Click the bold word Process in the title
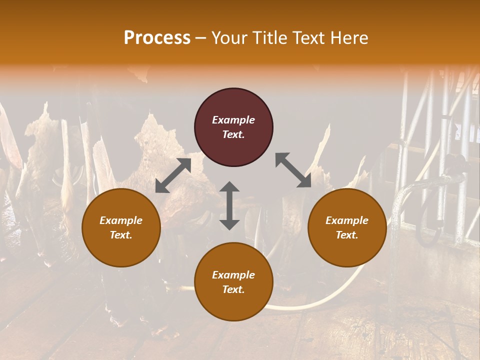(x=157, y=38)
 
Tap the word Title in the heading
(x=272, y=38)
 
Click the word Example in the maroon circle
(x=233, y=120)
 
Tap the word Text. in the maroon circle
(x=233, y=134)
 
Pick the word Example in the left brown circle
(x=121, y=220)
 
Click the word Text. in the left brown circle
(x=121, y=235)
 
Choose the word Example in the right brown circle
(x=347, y=220)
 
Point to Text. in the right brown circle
(x=347, y=235)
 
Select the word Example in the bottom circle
(x=233, y=275)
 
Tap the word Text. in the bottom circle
(x=233, y=289)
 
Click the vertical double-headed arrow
(x=229, y=205)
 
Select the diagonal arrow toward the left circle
(x=173, y=175)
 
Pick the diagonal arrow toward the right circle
(x=293, y=170)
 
